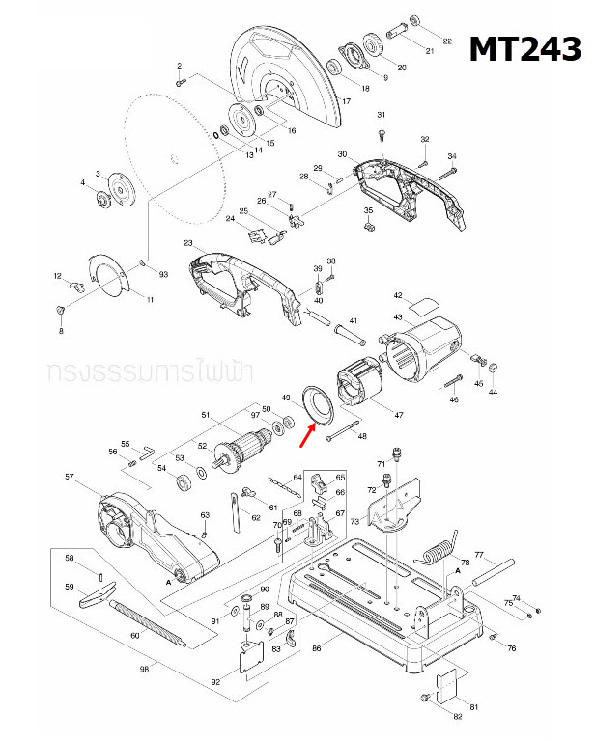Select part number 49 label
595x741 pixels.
[x=285, y=397]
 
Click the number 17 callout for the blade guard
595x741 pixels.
[x=345, y=101]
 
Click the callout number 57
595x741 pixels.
[x=69, y=477]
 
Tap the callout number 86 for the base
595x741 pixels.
[x=316, y=651]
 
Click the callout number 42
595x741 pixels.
[x=397, y=294]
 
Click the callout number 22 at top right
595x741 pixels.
[x=446, y=41]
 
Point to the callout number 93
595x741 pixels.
[x=163, y=275]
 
